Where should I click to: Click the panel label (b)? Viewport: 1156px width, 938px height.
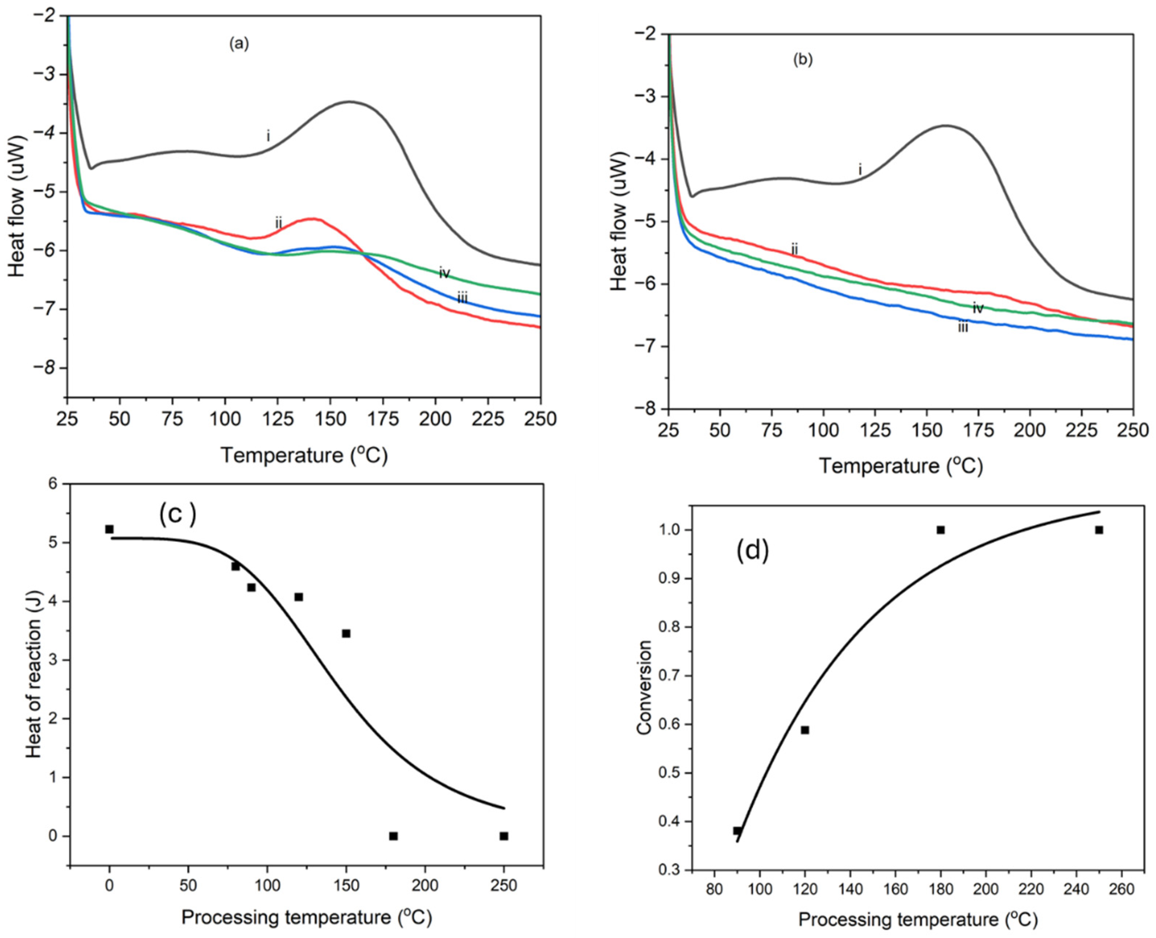[x=802, y=60]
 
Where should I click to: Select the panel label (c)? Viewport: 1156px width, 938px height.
[x=177, y=513]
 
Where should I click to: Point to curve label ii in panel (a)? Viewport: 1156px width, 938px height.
[x=278, y=222]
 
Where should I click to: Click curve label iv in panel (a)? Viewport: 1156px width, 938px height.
[x=444, y=273]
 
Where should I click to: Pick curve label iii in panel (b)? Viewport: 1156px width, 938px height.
[x=963, y=327]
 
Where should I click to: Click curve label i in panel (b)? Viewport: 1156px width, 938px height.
[x=860, y=170]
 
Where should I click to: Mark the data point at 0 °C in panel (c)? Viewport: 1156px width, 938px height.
[x=109, y=529]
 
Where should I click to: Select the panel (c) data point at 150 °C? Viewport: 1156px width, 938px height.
[x=346, y=633]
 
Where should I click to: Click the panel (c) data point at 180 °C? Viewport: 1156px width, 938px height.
[x=393, y=836]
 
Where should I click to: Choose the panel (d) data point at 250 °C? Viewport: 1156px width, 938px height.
[x=1099, y=530]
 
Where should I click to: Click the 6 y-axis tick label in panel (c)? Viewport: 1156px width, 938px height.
[x=52, y=484]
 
